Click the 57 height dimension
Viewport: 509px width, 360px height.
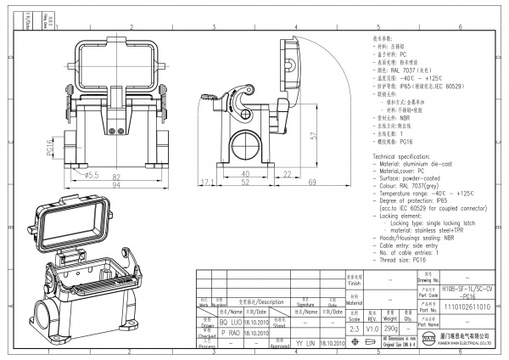(x=314, y=135)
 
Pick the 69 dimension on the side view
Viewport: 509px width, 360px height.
(x=288, y=183)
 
